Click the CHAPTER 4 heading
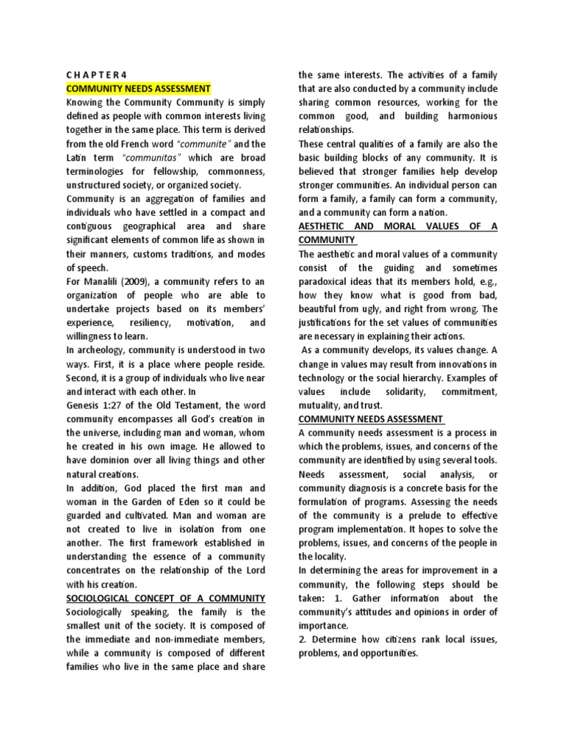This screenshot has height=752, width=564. pos(97,74)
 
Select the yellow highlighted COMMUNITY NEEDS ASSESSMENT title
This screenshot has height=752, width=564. pos(139,88)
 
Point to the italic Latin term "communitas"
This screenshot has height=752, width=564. pos(145,158)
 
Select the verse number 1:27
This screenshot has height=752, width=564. pos(116,406)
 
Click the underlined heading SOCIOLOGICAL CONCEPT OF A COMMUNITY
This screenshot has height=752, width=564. pos(166,599)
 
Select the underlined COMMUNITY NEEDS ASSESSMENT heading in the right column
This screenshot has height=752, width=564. pos(370,419)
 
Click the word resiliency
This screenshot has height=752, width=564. pos(159,323)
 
